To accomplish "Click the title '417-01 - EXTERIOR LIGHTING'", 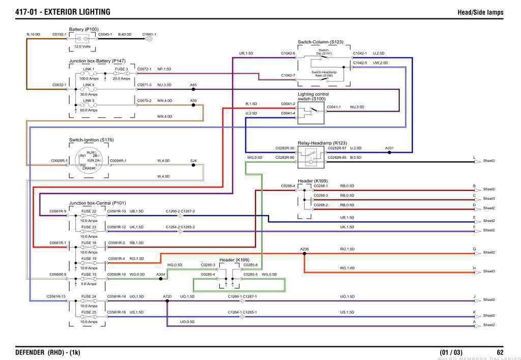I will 63,12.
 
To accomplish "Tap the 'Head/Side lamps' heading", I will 480,12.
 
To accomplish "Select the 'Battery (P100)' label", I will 84,29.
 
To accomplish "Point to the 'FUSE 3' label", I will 121,69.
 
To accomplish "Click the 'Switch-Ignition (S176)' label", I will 92,140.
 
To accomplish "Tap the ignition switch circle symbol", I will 89,160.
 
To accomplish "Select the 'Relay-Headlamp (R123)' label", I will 322,143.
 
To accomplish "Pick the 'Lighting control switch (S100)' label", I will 313,96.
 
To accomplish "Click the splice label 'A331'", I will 389,148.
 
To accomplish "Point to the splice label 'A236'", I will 304,249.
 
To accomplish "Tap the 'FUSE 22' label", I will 89,211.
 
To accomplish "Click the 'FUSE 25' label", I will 89,312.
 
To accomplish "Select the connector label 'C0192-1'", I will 60,34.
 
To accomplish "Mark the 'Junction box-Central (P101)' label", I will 97,203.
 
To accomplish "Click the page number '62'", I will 500,352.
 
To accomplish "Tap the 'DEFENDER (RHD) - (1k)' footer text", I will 48,352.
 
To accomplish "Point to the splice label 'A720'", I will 167,296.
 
